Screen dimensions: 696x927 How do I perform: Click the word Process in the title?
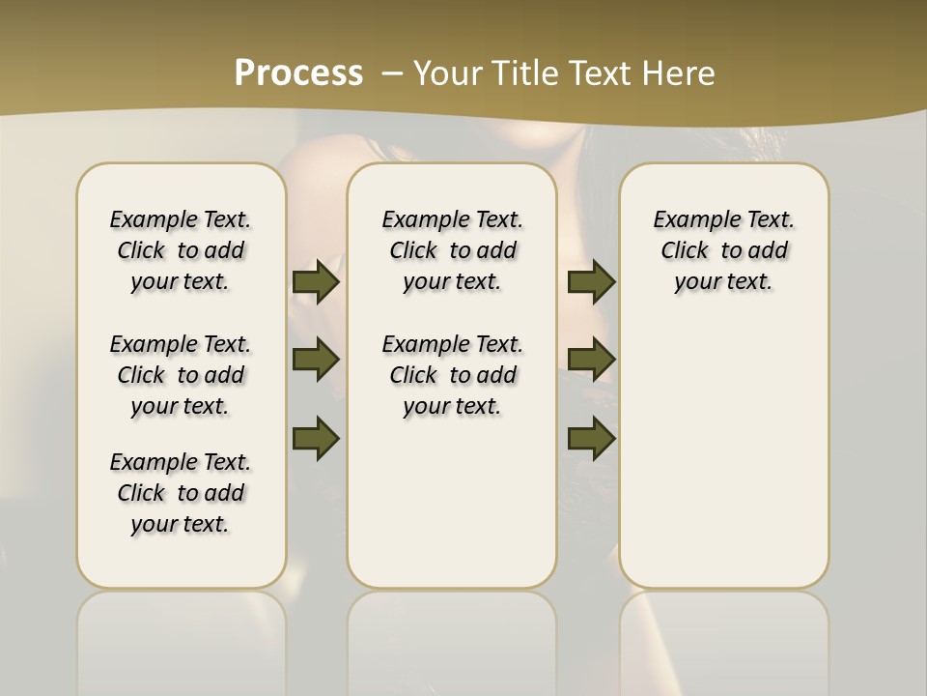[x=298, y=73]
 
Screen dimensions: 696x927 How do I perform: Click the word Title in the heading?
[x=521, y=73]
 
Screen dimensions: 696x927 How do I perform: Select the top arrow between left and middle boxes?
[x=316, y=281]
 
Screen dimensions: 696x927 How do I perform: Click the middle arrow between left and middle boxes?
[x=316, y=360]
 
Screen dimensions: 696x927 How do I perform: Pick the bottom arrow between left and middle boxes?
[x=316, y=438]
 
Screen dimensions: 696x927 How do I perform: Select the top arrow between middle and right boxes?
[x=591, y=281]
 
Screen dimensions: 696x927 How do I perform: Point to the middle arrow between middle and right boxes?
[x=591, y=360]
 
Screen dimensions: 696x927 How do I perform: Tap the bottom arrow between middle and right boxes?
[x=591, y=438]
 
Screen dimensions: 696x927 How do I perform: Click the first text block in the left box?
[x=181, y=250]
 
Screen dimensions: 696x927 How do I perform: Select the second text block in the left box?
[x=181, y=375]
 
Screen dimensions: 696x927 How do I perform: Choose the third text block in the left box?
[x=181, y=493]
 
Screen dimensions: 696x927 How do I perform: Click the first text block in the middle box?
[x=452, y=250]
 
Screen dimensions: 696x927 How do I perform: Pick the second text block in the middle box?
[x=452, y=375]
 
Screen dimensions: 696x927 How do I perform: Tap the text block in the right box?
[x=723, y=250]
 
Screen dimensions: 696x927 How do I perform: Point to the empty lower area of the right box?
[x=723, y=445]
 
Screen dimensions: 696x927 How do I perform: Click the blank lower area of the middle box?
[x=452, y=503]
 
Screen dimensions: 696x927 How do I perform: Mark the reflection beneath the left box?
[x=181, y=638]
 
